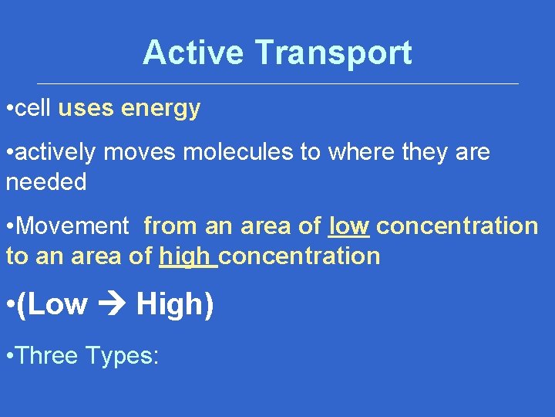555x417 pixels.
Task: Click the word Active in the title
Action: [194, 53]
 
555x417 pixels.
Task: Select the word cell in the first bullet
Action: [33, 108]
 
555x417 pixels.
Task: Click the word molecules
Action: [239, 152]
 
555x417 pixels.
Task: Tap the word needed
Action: [46, 182]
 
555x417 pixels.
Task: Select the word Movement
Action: [72, 226]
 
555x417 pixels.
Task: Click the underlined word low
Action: [349, 226]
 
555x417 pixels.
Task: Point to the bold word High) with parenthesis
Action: [175, 305]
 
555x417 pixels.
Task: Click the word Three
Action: [48, 355]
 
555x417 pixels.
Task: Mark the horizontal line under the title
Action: [277, 83]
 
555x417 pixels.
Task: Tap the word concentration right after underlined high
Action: [300, 256]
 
